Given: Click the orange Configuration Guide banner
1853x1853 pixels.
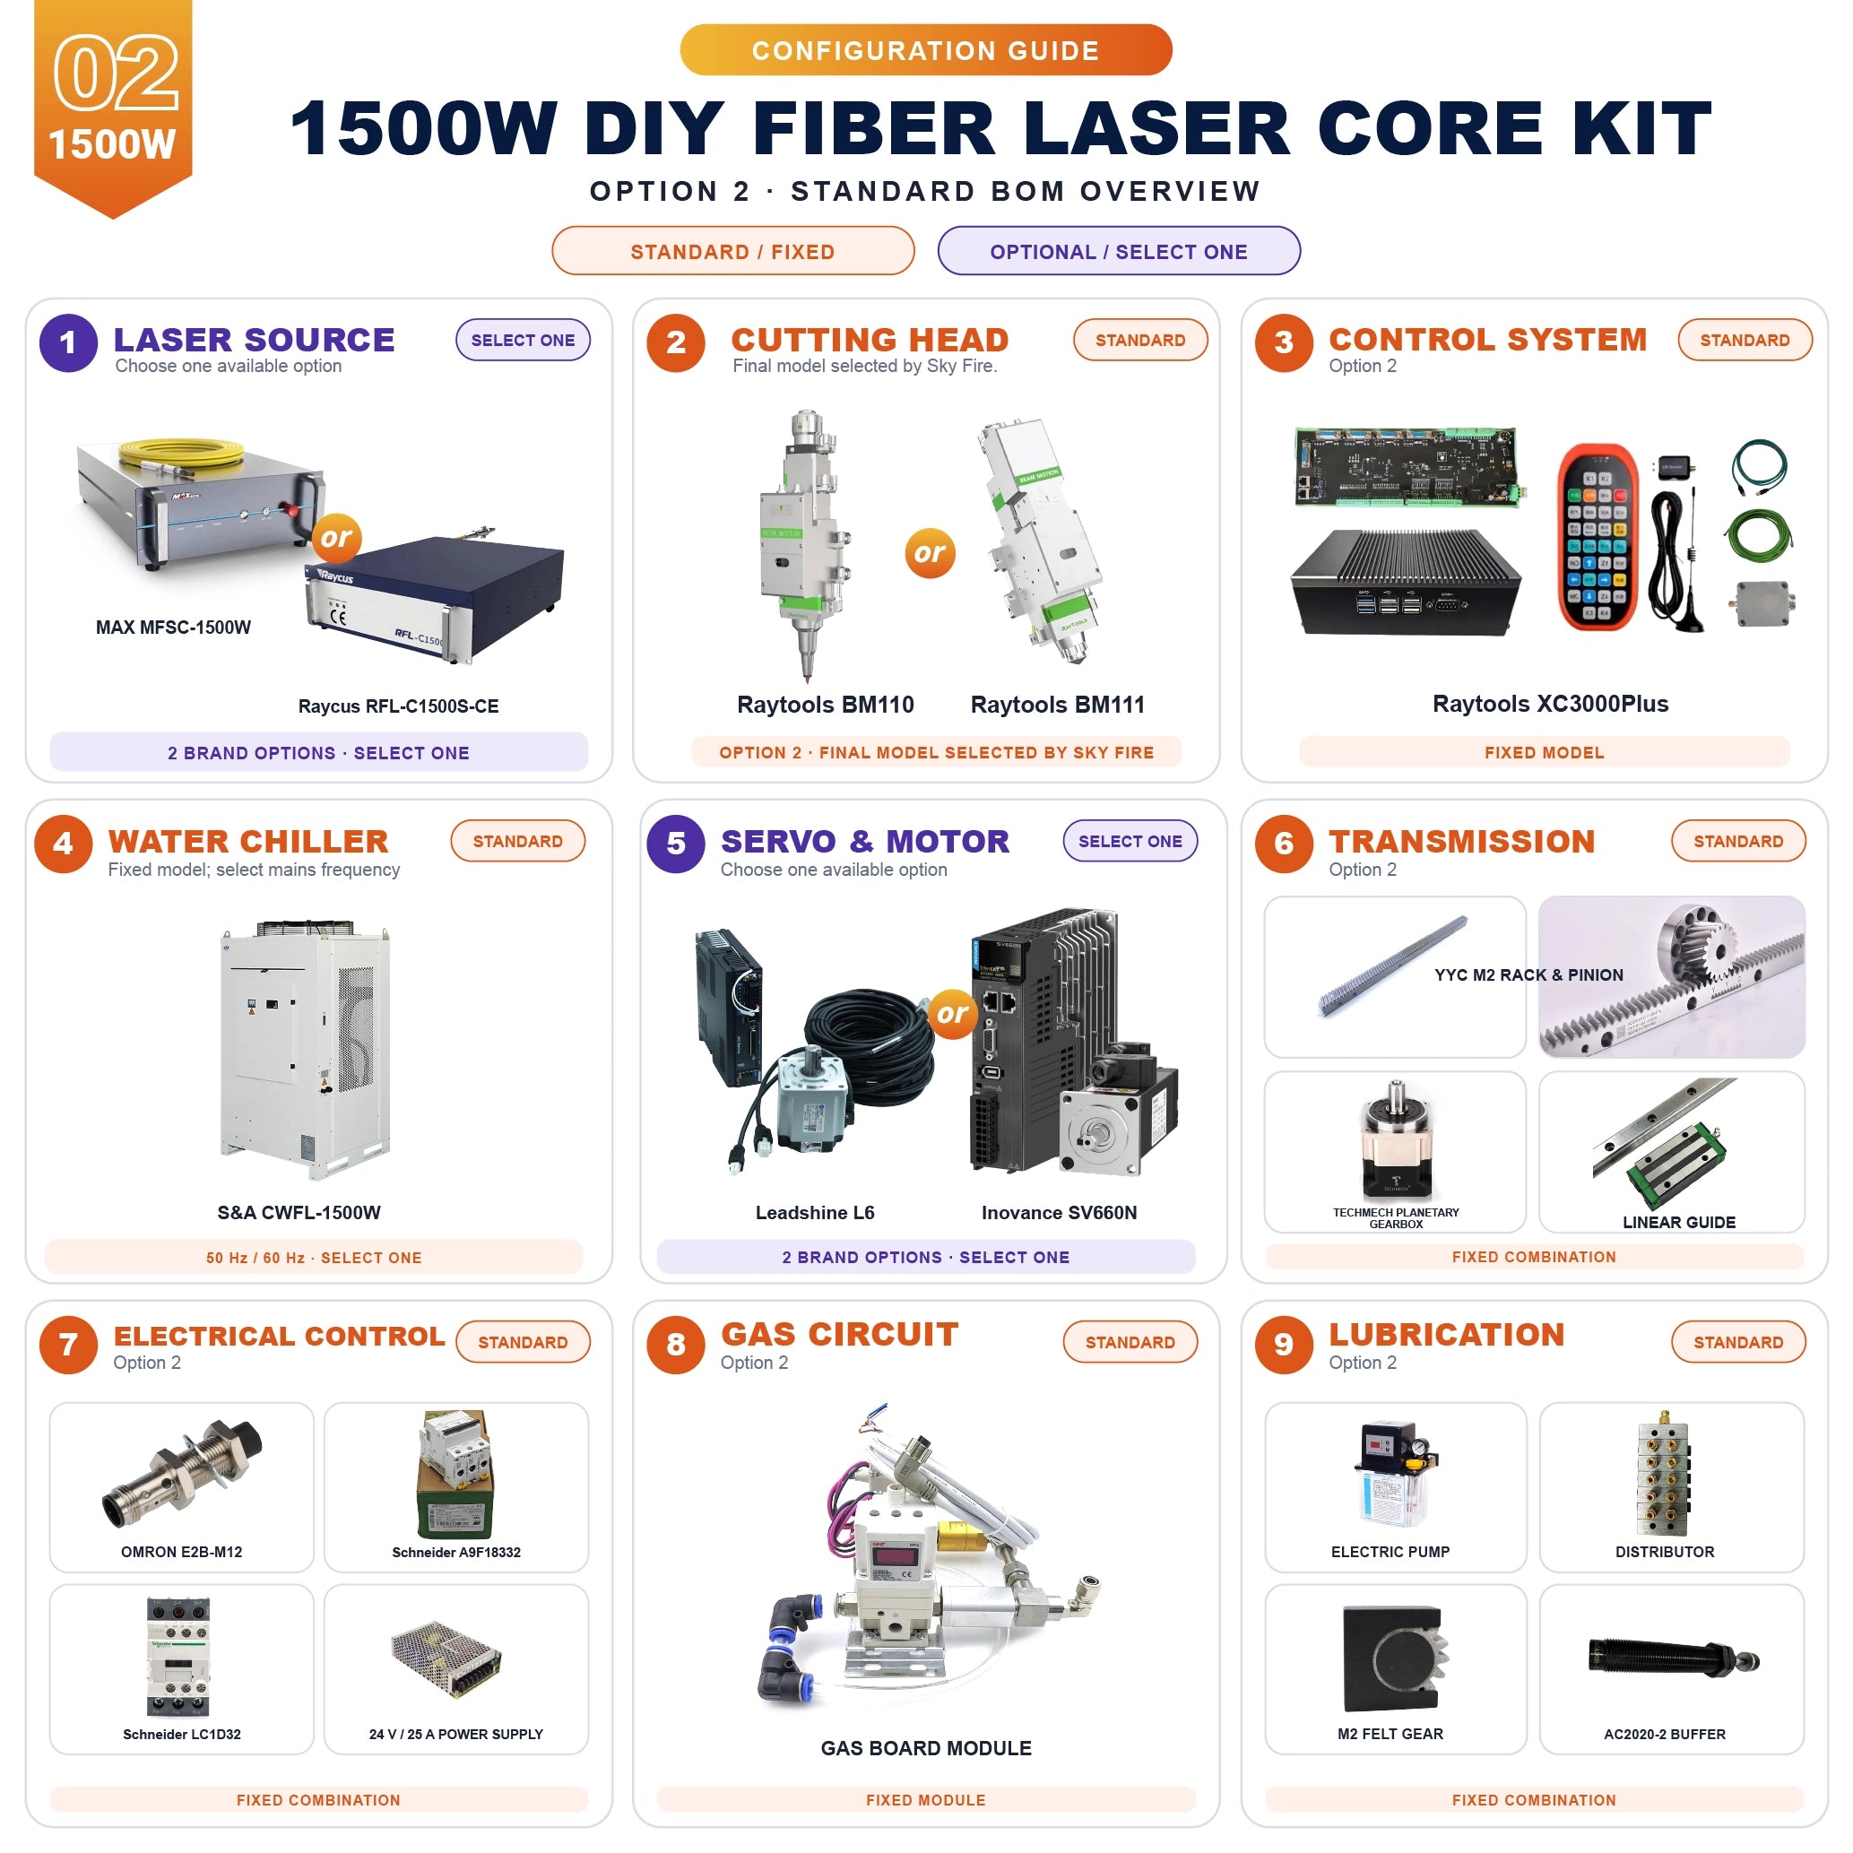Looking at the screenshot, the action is coord(925,50).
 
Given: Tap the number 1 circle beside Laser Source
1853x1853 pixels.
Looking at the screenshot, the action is coord(68,342).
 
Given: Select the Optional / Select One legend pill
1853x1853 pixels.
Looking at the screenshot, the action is coord(1118,251).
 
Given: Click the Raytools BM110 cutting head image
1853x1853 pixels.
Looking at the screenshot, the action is coord(804,544).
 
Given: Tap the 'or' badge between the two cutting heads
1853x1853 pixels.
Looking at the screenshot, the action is coord(930,552).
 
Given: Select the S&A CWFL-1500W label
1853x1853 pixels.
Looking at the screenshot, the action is coord(299,1212).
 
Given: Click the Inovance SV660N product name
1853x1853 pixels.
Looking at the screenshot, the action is coord(1059,1212).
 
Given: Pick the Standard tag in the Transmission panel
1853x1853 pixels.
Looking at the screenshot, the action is coord(1738,841).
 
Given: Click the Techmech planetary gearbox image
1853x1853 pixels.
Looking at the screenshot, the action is coord(1396,1141).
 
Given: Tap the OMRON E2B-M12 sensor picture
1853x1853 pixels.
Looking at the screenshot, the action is coord(182,1473).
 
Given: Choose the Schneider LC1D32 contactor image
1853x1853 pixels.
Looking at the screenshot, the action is coord(178,1657).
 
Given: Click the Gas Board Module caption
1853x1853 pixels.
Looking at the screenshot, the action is coord(925,1748).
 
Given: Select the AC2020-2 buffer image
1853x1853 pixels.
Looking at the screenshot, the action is coord(1674,1657).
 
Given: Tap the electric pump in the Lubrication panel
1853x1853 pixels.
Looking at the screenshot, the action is coord(1390,1473).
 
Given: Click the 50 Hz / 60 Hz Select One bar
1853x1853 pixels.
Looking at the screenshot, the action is coord(314,1258).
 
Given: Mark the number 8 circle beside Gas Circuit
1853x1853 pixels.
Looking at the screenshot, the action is coord(676,1345).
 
